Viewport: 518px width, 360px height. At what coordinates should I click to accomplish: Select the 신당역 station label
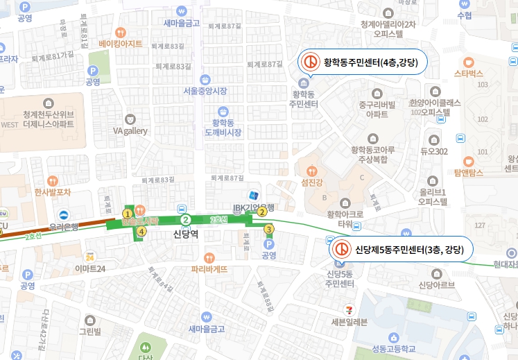click(186, 234)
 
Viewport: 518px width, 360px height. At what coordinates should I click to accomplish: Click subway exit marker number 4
click(141, 232)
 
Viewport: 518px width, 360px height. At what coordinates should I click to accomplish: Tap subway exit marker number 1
click(127, 214)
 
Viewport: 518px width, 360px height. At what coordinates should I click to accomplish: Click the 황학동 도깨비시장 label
click(223, 127)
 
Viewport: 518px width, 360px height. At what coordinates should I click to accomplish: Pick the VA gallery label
click(130, 130)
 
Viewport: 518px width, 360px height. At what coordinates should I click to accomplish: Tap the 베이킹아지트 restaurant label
click(121, 43)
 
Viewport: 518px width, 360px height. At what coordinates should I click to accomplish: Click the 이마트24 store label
click(90, 268)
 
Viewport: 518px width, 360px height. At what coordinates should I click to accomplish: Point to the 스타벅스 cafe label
click(468, 73)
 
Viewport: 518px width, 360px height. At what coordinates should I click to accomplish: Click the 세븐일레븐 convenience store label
click(354, 321)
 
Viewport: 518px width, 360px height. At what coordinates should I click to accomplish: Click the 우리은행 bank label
click(67, 226)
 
